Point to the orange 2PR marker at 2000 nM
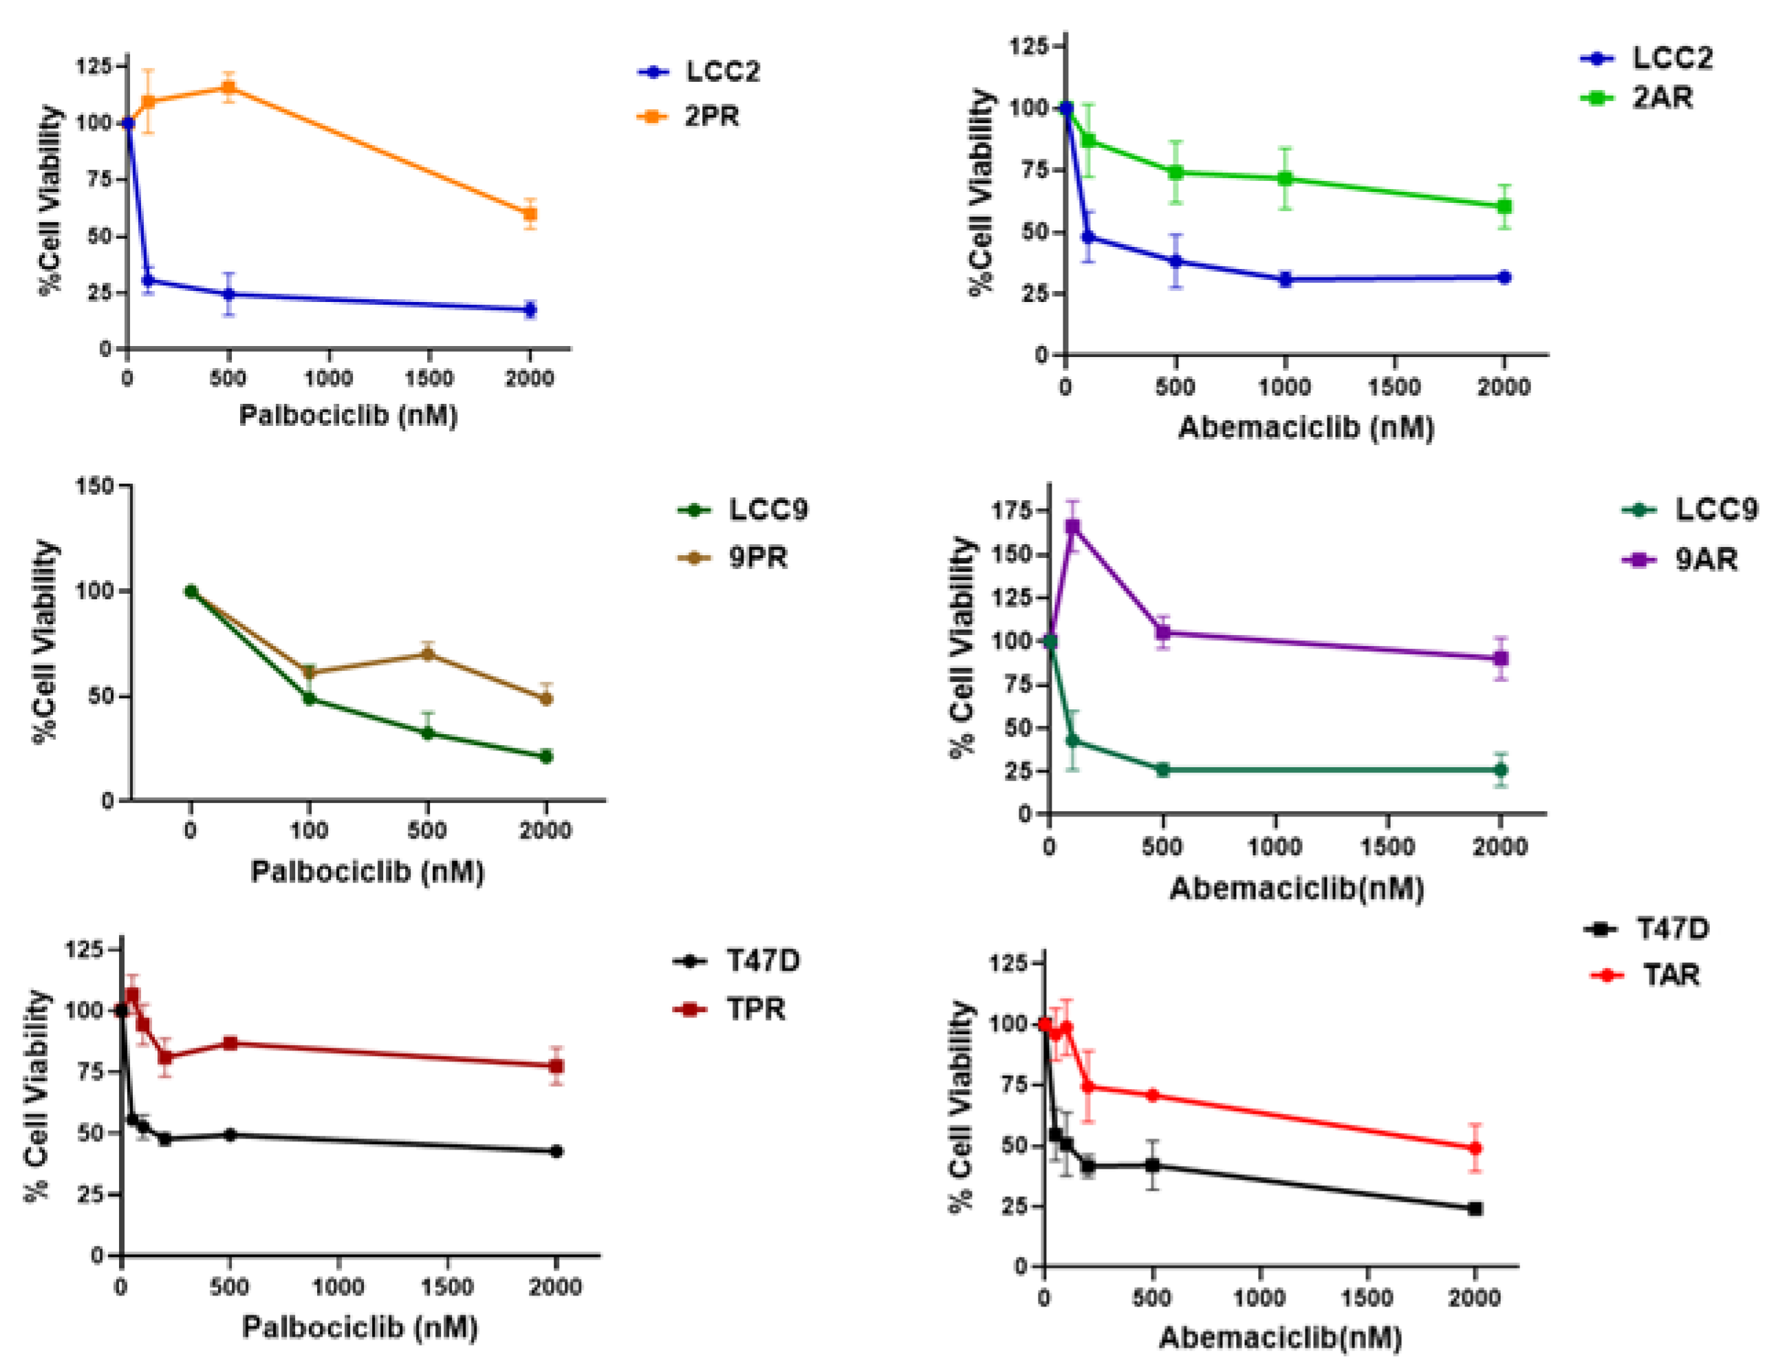tap(530, 215)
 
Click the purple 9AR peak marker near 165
tap(1072, 527)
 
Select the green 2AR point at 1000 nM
tap(1285, 179)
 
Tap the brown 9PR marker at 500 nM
tap(428, 654)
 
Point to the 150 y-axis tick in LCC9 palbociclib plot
tap(94, 486)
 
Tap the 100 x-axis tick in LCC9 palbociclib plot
tap(309, 830)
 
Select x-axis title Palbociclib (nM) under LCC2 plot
tap(348, 416)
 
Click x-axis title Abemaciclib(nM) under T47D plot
tap(1280, 1337)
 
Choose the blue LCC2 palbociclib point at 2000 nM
tap(530, 310)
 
